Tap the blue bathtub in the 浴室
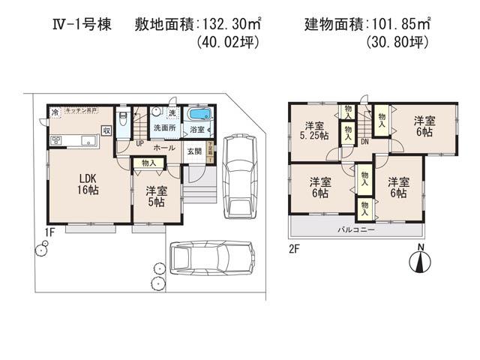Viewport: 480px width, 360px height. click(x=199, y=115)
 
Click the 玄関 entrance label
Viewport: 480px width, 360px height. click(x=194, y=151)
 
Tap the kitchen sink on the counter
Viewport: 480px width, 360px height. click(x=87, y=139)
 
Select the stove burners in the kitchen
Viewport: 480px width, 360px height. click(x=56, y=140)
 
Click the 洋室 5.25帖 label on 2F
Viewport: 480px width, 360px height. click(x=313, y=130)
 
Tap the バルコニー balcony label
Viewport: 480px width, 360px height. click(x=355, y=228)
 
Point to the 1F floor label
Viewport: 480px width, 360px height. click(x=49, y=232)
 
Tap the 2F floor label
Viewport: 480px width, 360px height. click(x=295, y=248)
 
